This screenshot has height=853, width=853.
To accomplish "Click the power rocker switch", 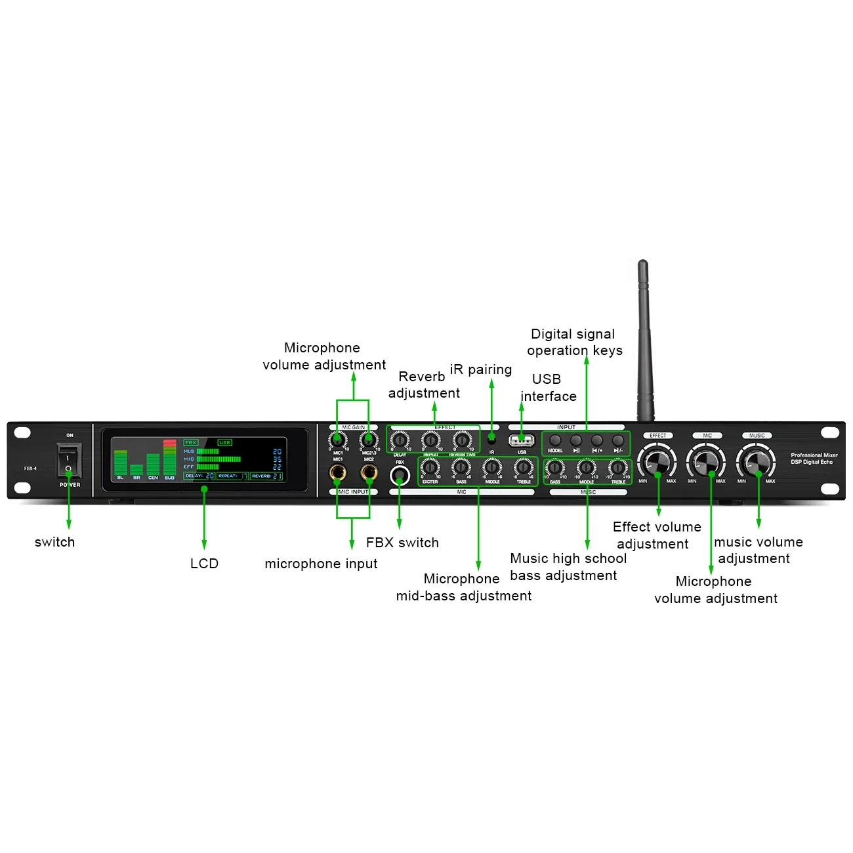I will (x=68, y=460).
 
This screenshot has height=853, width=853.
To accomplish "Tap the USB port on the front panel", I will (x=522, y=440).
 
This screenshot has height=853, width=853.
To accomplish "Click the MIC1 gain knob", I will (x=338, y=441).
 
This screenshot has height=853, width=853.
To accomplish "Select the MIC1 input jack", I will (x=338, y=472).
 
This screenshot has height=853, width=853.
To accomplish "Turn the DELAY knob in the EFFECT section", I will (x=400, y=441).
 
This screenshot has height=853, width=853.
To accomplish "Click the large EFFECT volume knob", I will (x=657, y=461).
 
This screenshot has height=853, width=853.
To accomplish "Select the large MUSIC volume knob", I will (x=757, y=461).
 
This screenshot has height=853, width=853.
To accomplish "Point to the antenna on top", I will (x=644, y=341).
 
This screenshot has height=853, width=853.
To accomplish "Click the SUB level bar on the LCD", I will (x=169, y=457).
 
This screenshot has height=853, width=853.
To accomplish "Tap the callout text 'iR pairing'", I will (x=481, y=369).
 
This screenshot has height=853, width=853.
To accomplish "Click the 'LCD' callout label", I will (x=204, y=564).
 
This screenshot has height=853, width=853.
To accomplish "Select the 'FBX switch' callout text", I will (x=402, y=543).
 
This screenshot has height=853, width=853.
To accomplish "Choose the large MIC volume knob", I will (x=707, y=461).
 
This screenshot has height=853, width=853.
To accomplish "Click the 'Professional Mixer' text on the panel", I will (x=814, y=455).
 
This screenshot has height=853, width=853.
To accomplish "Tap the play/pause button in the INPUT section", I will (x=576, y=440).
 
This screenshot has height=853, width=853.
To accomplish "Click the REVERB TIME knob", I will (x=462, y=441).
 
